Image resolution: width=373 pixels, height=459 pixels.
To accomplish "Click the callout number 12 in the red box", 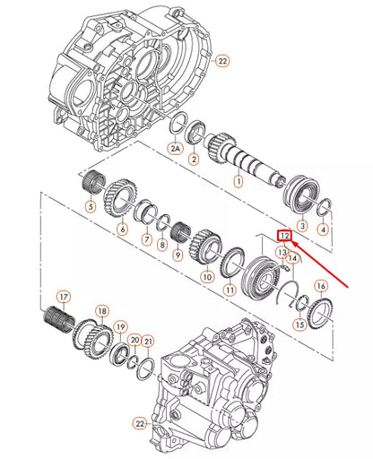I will pos(285,236).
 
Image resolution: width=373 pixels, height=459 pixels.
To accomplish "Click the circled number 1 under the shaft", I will pos(238,181).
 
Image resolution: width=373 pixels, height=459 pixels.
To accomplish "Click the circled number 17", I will pos(63,297).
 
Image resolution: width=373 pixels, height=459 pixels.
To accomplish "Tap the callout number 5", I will pos(90,207).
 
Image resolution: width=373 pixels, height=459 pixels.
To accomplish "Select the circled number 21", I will pos(149,341).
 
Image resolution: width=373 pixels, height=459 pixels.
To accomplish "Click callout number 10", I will pos(207,277).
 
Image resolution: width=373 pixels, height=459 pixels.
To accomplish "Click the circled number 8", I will pos(160,245).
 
